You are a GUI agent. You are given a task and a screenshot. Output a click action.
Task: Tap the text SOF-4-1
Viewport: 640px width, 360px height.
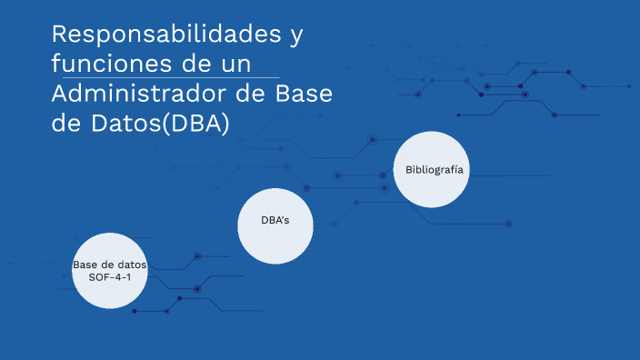tap(110, 275)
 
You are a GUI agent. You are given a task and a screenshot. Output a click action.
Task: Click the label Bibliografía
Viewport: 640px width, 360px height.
tap(434, 170)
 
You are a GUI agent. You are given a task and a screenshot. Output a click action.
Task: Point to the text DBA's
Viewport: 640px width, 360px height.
tap(275, 221)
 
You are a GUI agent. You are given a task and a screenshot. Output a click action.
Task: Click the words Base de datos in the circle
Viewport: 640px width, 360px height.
tap(110, 264)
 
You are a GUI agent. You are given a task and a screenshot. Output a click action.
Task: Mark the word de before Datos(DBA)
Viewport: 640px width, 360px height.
tap(65, 124)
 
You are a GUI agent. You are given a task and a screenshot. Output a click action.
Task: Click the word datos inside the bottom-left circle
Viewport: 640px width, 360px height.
tap(132, 264)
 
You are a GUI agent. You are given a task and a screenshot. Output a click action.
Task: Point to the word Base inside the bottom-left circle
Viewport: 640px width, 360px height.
tap(86, 264)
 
